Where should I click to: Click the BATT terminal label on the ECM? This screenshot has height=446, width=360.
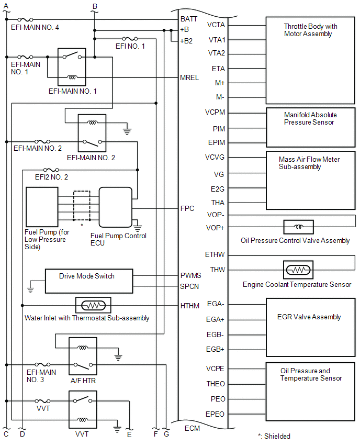coord(189,18)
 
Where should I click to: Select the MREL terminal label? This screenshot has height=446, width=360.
coord(189,77)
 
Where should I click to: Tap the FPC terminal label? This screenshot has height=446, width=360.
coord(187,208)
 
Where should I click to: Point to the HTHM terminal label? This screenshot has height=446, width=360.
coord(189,306)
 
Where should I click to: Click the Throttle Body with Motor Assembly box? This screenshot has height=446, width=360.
coord(310,60)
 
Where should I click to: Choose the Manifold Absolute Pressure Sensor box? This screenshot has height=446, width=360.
coord(310,126)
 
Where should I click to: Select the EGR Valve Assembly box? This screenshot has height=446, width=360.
coord(310,327)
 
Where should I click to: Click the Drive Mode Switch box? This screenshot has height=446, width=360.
coord(89,281)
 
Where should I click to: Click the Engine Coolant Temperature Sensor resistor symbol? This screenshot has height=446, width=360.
coord(298,270)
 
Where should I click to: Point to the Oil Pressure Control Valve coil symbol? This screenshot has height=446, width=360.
coord(298,227)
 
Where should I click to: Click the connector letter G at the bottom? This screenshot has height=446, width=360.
coord(166,434)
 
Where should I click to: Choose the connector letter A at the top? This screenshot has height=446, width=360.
coord(5,5)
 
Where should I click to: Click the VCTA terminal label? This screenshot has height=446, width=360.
coord(217,25)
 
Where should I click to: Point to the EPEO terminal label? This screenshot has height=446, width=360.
coord(216,414)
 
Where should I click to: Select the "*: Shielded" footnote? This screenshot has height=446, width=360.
coord(274,436)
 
